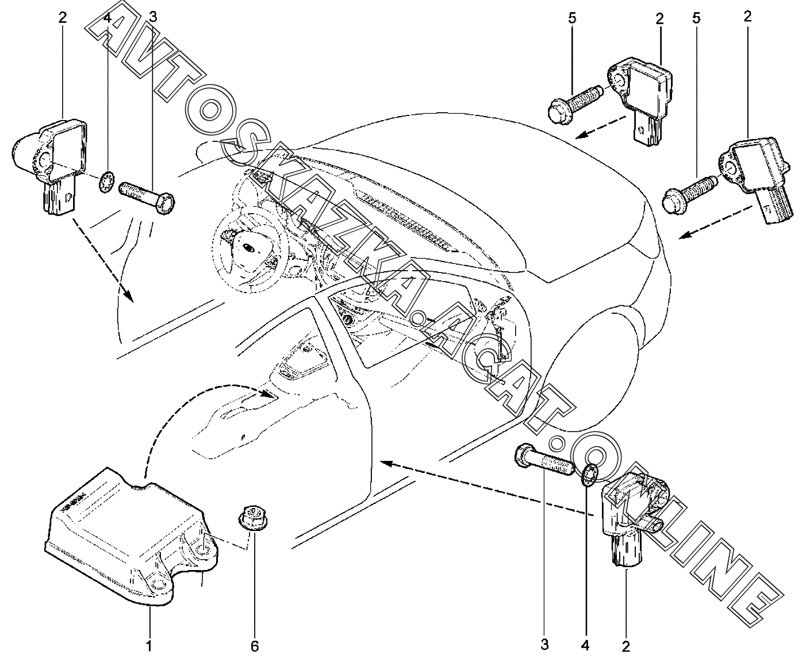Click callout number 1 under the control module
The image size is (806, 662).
(x=149, y=646)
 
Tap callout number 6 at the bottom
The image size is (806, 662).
(x=255, y=646)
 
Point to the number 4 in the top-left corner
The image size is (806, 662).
(x=108, y=19)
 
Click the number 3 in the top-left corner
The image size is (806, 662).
(x=153, y=17)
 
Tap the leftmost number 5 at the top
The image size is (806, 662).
(x=571, y=18)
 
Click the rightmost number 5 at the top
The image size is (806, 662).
(x=696, y=18)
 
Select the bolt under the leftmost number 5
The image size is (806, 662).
(x=575, y=105)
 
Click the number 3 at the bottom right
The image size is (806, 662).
(x=544, y=645)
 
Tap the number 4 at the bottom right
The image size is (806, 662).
(x=585, y=645)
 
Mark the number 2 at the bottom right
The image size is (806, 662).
(x=625, y=646)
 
